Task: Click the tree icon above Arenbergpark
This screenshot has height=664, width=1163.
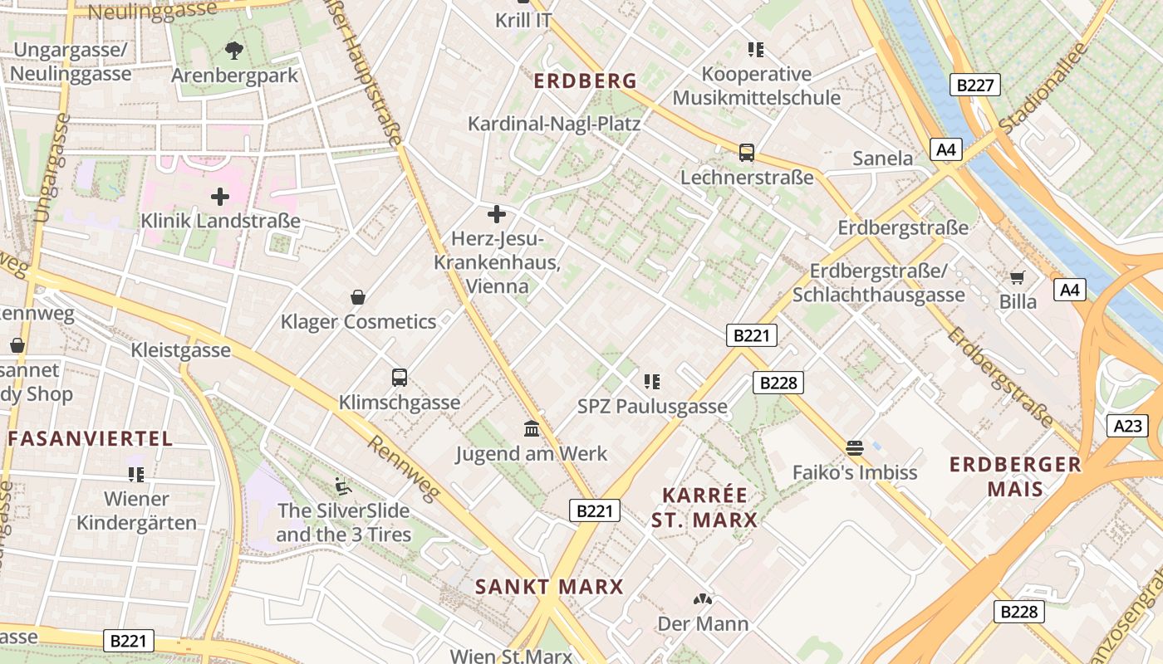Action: pyautogui.click(x=234, y=51)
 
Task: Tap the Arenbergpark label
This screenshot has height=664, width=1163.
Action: pyautogui.click(x=234, y=76)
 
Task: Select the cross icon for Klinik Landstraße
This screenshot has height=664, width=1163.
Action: pyautogui.click(x=220, y=197)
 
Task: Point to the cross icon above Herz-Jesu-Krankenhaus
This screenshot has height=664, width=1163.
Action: pyautogui.click(x=497, y=214)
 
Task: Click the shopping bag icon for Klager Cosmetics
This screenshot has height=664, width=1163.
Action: pyautogui.click(x=358, y=297)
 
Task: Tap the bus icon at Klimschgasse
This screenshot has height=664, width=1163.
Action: pyautogui.click(x=400, y=378)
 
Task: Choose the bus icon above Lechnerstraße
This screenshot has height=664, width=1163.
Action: pyautogui.click(x=747, y=153)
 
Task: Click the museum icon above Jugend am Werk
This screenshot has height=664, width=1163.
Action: pyautogui.click(x=532, y=429)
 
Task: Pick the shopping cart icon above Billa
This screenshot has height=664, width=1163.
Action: pyautogui.click(x=1018, y=277)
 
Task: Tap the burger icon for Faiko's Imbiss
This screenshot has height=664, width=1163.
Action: pyautogui.click(x=855, y=448)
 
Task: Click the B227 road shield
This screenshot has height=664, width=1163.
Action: pyautogui.click(x=975, y=84)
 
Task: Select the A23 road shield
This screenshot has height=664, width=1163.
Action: pyautogui.click(x=1127, y=426)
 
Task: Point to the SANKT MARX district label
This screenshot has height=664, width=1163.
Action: pyautogui.click(x=549, y=587)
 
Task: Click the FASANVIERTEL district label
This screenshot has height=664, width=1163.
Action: pyautogui.click(x=91, y=438)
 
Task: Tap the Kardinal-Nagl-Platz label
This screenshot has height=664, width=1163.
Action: pyautogui.click(x=554, y=124)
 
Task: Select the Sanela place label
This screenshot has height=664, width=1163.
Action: pyautogui.click(x=883, y=158)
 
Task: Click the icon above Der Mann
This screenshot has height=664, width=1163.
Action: pyautogui.click(x=703, y=599)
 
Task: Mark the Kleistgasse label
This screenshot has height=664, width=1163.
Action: pyautogui.click(x=180, y=350)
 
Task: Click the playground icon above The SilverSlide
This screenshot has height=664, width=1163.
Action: pyautogui.click(x=342, y=485)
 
